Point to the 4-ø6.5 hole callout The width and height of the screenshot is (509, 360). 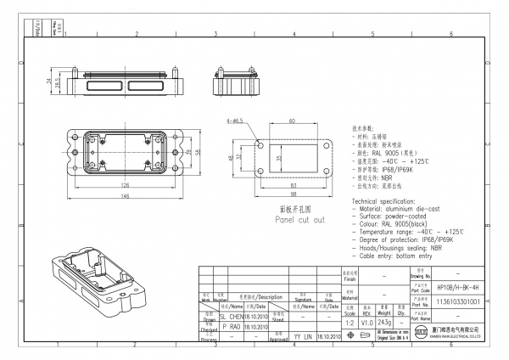point(235,121)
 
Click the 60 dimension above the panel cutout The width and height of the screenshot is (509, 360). point(292,121)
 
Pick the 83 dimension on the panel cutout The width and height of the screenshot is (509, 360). point(293,184)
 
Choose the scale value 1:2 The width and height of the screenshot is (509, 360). point(349,323)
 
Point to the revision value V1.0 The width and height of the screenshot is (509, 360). point(367,323)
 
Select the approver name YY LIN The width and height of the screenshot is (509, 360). point(302,337)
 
